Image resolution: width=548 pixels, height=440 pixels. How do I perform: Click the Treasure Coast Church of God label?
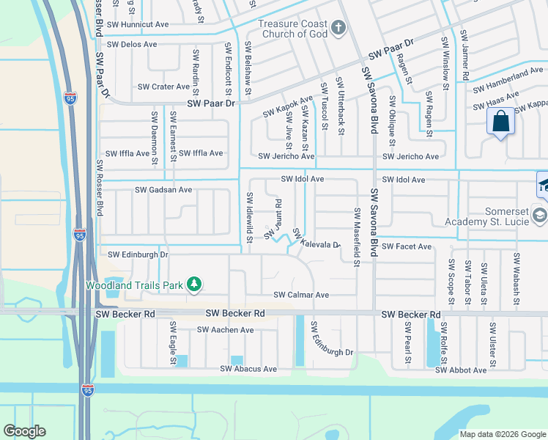(292, 29)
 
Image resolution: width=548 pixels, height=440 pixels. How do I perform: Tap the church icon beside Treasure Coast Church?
(338, 29)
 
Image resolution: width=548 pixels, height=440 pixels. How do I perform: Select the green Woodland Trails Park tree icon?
(193, 284)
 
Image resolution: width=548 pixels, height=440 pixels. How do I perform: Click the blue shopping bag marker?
(501, 122)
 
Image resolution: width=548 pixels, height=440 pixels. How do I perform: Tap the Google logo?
(24, 431)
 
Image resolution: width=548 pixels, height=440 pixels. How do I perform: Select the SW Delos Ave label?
(132, 44)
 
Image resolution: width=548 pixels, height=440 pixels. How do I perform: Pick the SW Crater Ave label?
(163, 87)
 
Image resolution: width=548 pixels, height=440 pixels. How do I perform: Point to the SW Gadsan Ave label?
(163, 190)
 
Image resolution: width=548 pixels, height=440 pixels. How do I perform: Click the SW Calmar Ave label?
(301, 295)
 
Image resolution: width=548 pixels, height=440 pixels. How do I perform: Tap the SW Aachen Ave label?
(225, 330)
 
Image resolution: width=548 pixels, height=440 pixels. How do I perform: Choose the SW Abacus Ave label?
(248, 369)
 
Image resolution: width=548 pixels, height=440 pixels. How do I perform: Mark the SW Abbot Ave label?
(460, 370)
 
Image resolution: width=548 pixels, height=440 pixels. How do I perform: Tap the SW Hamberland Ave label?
(508, 76)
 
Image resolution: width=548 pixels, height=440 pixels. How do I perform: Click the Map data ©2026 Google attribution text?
(502, 433)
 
